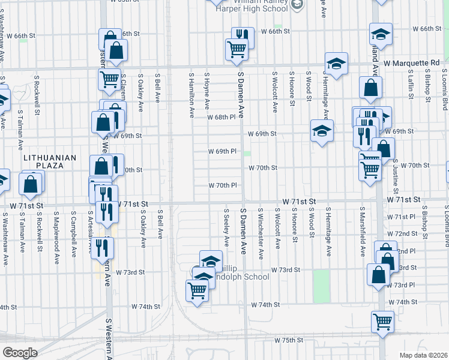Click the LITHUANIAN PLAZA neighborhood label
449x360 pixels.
tap(50, 158)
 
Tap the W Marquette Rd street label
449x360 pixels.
tap(412, 62)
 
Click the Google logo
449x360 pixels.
tap(20, 353)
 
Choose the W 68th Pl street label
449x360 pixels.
tap(223, 116)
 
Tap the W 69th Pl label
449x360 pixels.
tap(222, 151)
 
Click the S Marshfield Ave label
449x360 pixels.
tap(363, 233)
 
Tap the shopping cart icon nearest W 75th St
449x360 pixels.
tap(382, 321)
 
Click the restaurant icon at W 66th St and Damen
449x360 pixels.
tap(243, 37)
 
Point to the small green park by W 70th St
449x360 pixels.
tap(247, 154)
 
